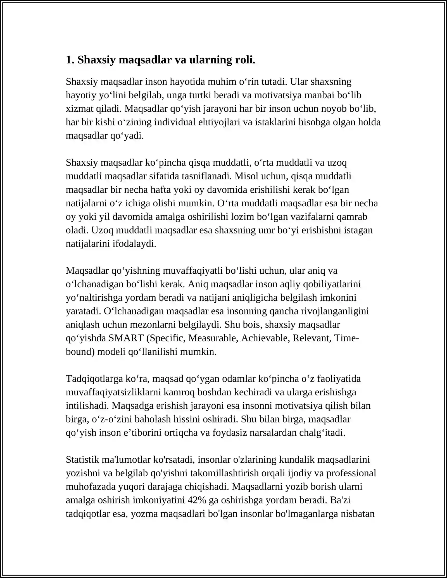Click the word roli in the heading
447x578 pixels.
pos(245,60)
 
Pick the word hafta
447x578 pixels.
pos(161,190)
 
